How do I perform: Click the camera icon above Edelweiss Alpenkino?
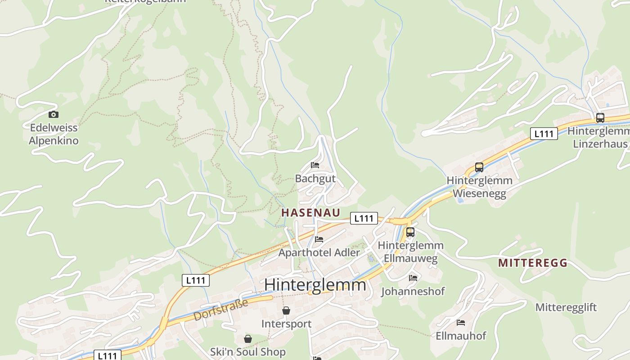[x=54, y=114]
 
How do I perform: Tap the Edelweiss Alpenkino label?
[x=54, y=134]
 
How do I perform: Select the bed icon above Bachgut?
[x=315, y=165]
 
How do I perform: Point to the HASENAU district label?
[x=310, y=213]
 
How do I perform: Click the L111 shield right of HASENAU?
[x=364, y=218]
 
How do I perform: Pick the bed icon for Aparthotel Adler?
[x=319, y=239]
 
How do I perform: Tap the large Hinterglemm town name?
[x=315, y=285]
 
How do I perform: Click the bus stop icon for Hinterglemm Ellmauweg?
[x=410, y=232]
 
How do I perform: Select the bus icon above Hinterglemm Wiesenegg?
[x=479, y=167]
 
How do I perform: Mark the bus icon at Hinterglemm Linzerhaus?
[x=600, y=118]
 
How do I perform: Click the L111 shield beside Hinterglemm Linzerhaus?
[x=544, y=133]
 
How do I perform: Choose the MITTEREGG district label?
[x=532, y=263]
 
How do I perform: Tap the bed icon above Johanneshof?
[x=413, y=278]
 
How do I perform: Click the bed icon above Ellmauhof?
[x=461, y=323]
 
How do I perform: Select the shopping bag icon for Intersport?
[x=286, y=310]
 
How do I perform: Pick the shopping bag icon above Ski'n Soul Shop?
[x=247, y=338]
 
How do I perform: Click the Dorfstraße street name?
[x=220, y=310]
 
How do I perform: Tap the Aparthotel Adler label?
[x=319, y=252]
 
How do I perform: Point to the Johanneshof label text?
[x=413, y=292]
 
